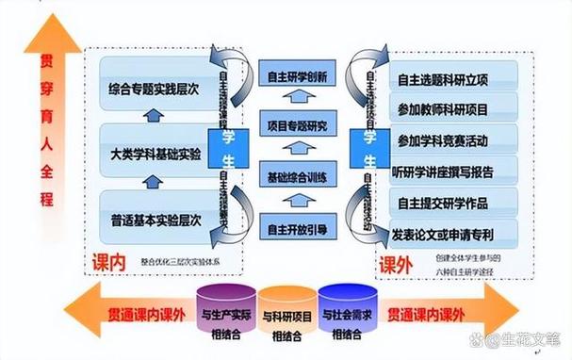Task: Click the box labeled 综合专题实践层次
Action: coord(155,90)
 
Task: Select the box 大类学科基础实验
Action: coord(155,155)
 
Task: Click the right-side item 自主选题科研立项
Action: coord(443,78)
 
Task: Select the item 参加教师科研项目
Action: coord(443,109)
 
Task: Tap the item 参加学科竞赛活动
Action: coord(443,141)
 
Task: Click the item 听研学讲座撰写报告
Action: coord(443,172)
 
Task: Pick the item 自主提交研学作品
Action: coord(443,203)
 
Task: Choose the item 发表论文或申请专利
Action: coord(443,232)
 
